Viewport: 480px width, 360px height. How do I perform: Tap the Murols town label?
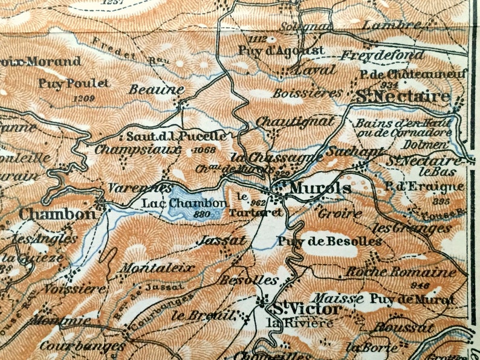(x=320, y=188)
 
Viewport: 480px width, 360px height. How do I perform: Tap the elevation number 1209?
(x=83, y=98)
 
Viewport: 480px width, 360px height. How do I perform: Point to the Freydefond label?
(x=382, y=55)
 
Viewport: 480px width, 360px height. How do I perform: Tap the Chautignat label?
(x=294, y=121)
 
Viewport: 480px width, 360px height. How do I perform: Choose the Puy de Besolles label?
(x=329, y=242)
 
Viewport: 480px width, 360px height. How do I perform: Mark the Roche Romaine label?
(x=400, y=272)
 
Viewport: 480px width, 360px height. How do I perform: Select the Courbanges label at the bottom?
(x=82, y=346)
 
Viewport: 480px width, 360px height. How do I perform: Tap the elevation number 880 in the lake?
(x=203, y=213)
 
